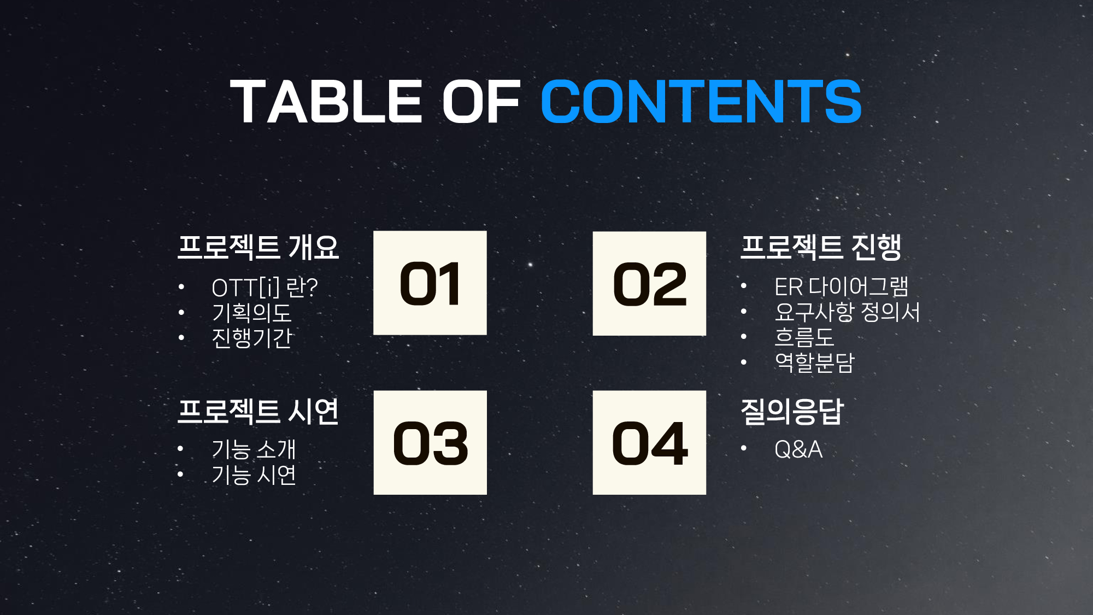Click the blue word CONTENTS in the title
tap(701, 101)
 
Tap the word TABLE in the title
tap(326, 101)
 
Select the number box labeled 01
tap(430, 283)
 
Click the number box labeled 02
tap(649, 283)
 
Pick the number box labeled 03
tap(430, 443)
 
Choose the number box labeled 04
tap(649, 443)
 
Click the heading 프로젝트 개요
tap(258, 247)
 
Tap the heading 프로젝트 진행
tap(821, 247)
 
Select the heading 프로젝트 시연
tap(258, 411)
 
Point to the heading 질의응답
tap(792, 411)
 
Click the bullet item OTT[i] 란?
tap(265, 288)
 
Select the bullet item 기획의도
tap(252, 313)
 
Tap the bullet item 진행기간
tap(252, 338)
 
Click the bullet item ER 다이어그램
tap(842, 286)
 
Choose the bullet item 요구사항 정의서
tap(848, 312)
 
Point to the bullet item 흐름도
tap(804, 337)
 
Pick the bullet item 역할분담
tap(814, 362)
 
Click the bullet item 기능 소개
tap(254, 449)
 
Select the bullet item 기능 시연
tap(254, 475)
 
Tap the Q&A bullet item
tap(798, 449)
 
